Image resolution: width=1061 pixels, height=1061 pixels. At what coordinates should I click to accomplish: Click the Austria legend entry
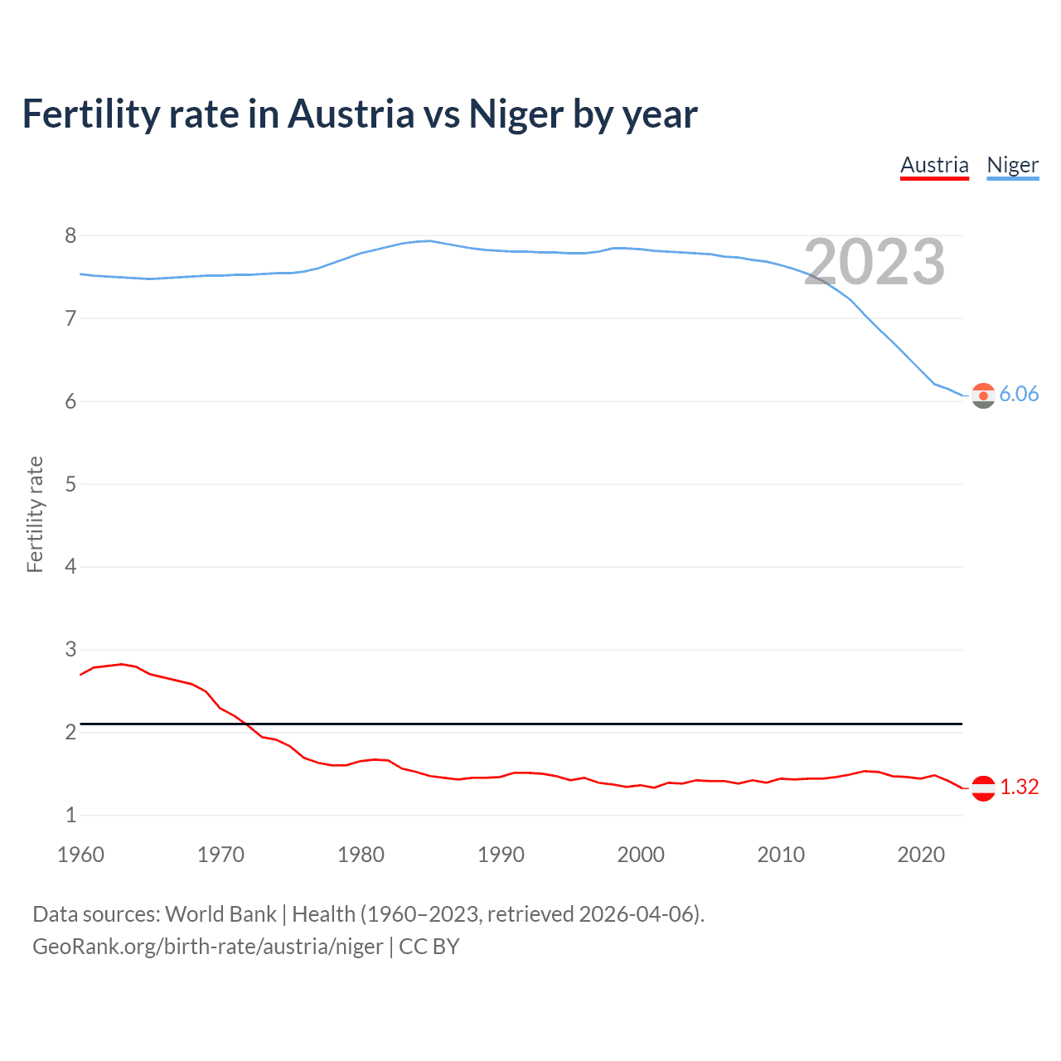pos(934,165)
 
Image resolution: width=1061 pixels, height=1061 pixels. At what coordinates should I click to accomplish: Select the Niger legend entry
pos(1012,165)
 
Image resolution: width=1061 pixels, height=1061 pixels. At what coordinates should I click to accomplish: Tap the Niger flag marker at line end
pos(983,396)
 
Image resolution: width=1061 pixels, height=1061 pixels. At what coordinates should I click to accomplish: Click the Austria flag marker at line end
pos(983,788)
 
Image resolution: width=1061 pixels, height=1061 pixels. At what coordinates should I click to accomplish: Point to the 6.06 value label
pos(1019,394)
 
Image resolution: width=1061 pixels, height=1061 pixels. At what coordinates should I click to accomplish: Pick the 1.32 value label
pos(1019,787)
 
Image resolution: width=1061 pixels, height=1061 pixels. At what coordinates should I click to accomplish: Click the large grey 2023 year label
pos(874,262)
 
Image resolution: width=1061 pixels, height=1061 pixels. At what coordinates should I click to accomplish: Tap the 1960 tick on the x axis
pos(80,855)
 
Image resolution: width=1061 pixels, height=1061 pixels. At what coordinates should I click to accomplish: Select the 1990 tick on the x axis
pos(501,855)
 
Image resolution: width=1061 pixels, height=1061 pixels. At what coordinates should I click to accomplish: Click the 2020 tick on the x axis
pos(921,855)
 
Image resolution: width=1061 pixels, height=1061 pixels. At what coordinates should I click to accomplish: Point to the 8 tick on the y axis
pos(70,236)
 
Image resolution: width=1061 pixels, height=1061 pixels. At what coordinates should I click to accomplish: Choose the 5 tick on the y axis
pos(70,484)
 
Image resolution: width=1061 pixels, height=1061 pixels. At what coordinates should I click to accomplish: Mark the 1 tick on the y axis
pos(70,815)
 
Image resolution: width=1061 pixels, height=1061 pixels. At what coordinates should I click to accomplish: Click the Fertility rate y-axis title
pos(35,514)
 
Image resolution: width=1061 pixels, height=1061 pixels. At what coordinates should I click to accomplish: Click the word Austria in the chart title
pos(351,114)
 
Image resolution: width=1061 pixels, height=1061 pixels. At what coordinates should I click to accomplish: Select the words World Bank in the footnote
pos(220,914)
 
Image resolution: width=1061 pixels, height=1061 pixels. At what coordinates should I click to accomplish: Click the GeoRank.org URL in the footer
pos(207,947)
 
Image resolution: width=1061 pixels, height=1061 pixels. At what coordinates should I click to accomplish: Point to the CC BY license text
pos(429,947)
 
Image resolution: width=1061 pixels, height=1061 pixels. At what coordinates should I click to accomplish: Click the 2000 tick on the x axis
pos(641,855)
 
